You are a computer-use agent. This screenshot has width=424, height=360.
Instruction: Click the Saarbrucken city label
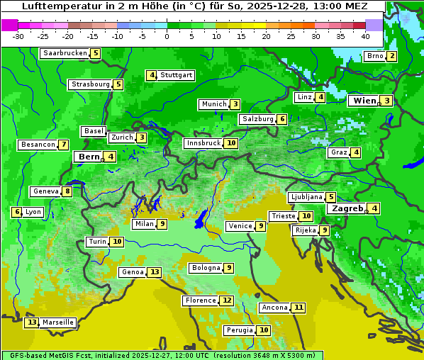65,53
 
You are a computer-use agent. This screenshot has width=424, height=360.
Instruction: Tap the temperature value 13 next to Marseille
31,322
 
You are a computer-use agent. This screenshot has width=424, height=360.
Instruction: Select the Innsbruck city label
203,143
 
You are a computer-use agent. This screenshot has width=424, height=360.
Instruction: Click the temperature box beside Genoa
155,272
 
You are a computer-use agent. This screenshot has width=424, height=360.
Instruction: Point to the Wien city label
364,101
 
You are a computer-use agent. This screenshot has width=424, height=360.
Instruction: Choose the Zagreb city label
347,208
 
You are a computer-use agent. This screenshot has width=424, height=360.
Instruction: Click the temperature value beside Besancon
64,145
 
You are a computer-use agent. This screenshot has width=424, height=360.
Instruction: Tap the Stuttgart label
177,75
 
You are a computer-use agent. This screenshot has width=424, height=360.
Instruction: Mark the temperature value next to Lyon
16,212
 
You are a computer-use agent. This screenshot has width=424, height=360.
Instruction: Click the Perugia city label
239,330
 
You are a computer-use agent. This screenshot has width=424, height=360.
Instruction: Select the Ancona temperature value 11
299,308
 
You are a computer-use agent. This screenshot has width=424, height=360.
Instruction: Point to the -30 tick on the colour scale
18,37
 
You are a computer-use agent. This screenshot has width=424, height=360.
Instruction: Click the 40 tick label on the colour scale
365,37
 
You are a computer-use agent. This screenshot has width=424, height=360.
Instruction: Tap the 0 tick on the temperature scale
167,37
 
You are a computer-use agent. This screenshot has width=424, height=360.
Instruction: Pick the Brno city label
375,57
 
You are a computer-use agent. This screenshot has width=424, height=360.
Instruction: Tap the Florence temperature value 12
226,300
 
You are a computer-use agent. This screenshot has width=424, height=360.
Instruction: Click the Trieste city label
283,216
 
